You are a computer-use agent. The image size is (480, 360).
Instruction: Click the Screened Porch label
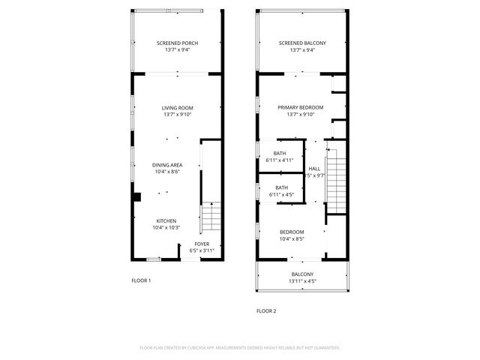[x=178, y=43]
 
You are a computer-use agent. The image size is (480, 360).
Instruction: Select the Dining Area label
[x=166, y=165]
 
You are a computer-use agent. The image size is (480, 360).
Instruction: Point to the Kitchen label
[x=166, y=220]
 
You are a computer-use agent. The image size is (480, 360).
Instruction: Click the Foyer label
[x=202, y=244]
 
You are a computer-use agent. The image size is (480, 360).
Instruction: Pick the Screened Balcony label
[x=302, y=43]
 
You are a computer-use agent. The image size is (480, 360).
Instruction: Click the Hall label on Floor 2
[x=314, y=169]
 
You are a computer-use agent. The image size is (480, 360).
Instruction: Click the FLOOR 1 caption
[x=141, y=280]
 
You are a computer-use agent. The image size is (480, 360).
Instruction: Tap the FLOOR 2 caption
[x=266, y=310]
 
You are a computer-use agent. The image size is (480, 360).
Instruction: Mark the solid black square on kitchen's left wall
[x=136, y=197]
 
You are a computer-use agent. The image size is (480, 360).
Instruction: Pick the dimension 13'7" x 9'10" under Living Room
[x=178, y=115]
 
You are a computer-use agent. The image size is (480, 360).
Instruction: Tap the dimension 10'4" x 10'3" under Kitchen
[x=166, y=227]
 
